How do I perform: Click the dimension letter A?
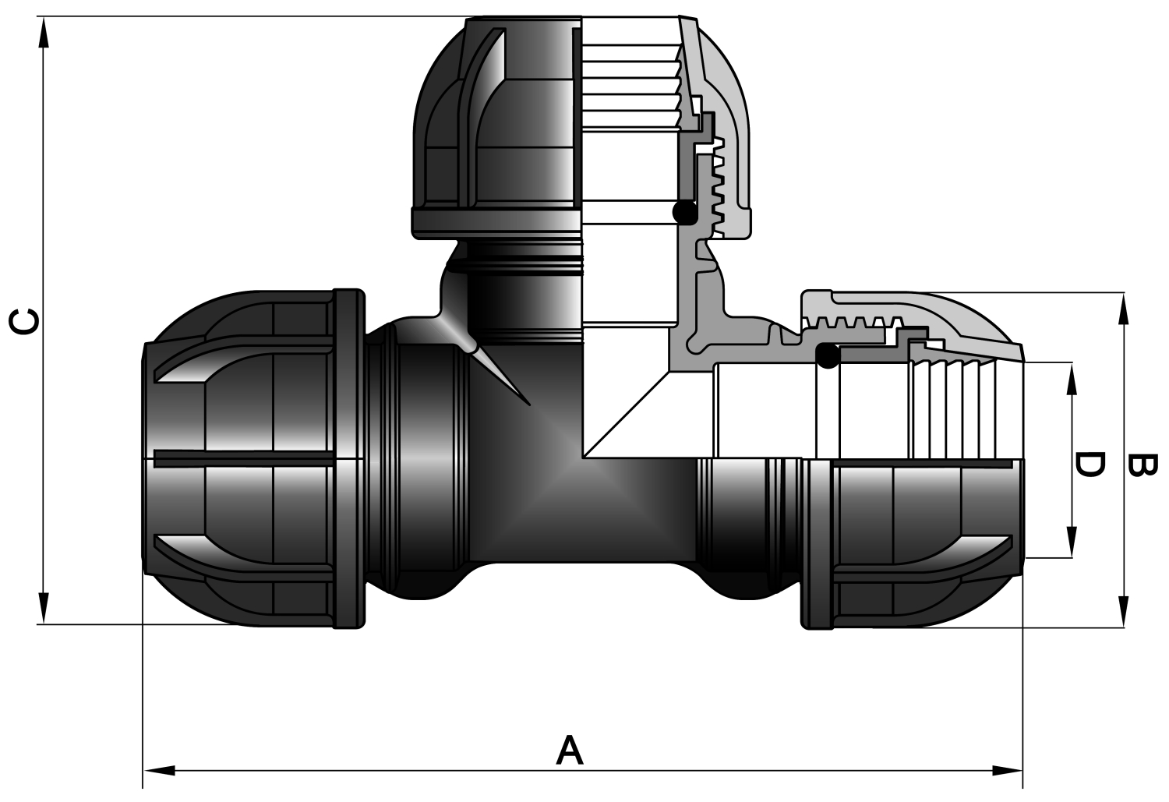pos(570,750)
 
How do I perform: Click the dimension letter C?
pos(24,321)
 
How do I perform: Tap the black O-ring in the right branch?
pos(828,356)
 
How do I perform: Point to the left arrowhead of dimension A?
pos(159,771)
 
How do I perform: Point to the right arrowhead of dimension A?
pos(1007,771)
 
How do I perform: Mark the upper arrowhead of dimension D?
pos(1072,378)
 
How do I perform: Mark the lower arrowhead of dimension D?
pos(1072,542)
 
